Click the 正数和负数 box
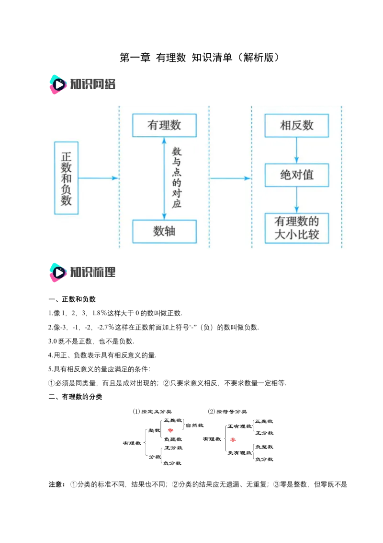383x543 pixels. click(67, 177)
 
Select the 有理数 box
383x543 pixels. click(164, 126)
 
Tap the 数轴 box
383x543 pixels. click(164, 231)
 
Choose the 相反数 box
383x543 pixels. click(297, 126)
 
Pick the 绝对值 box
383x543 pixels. click(297, 175)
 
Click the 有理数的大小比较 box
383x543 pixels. click(297, 228)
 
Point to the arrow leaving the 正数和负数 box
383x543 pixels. click(98, 178)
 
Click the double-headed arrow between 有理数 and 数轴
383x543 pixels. click(164, 177)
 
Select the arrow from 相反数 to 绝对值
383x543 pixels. click(297, 150)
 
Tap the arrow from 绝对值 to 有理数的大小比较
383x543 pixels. click(297, 200)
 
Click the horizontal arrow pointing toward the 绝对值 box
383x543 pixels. click(230, 178)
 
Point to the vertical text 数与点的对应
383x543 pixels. click(177, 177)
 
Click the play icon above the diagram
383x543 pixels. click(58, 84)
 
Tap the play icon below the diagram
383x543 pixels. click(58, 272)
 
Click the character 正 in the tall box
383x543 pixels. click(67, 156)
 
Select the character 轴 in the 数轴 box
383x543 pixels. click(170, 231)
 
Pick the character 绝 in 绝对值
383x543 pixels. click(286, 175)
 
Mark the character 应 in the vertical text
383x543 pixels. click(177, 203)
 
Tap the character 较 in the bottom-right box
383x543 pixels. click(313, 235)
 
